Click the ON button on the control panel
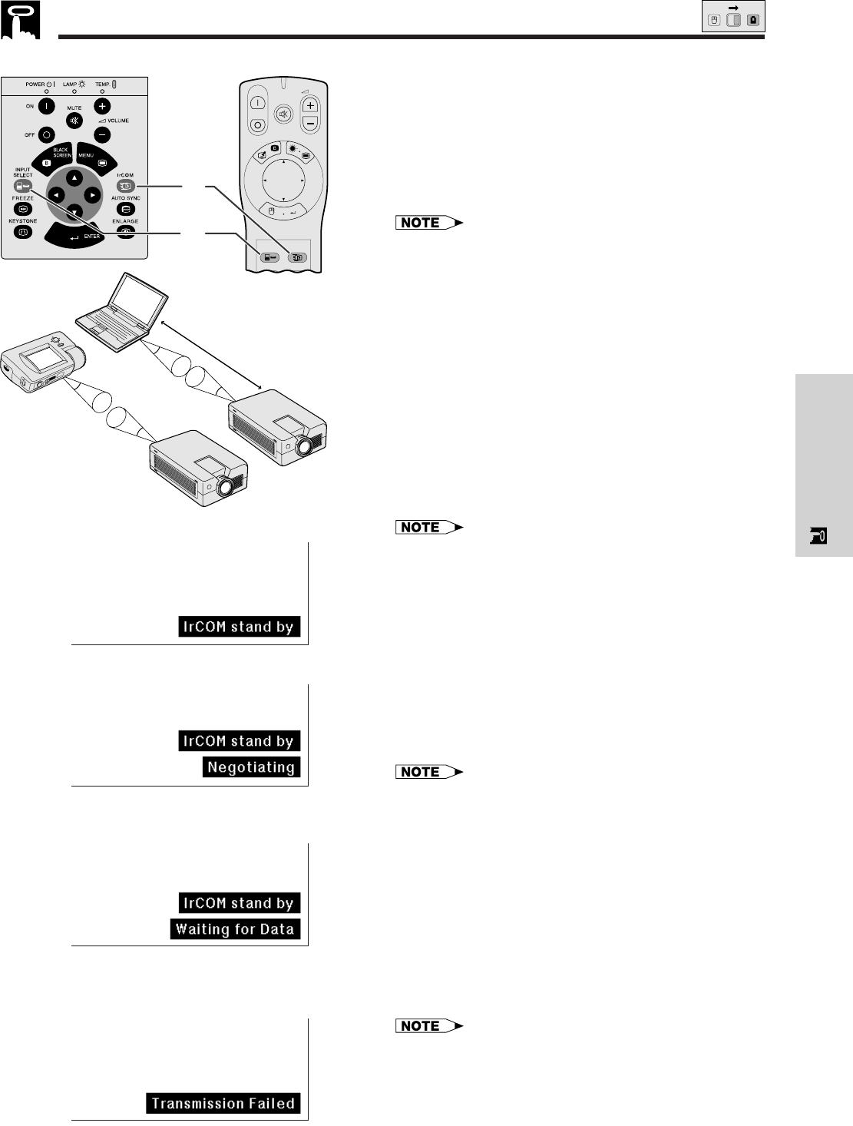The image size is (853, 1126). pyautogui.click(x=45, y=107)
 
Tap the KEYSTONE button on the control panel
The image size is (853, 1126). pyautogui.click(x=22, y=231)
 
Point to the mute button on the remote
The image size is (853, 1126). pyautogui.click(x=283, y=114)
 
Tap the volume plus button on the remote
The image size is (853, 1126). pyautogui.click(x=309, y=107)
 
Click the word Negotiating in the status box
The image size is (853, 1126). pyautogui.click(x=251, y=767)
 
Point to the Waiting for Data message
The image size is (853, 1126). pyautogui.click(x=235, y=929)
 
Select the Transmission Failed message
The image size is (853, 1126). pyautogui.click(x=223, y=1104)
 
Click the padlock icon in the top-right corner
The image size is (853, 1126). pyautogui.click(x=752, y=20)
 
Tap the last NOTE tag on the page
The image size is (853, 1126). pyautogui.click(x=430, y=1026)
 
